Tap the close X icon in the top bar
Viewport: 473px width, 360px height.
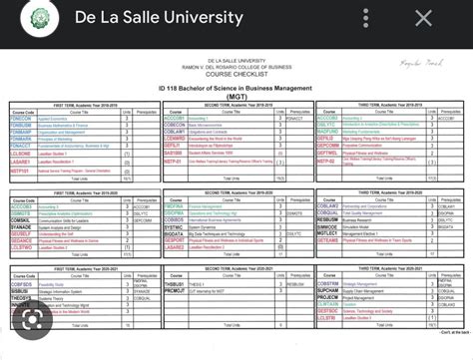[x=424, y=19]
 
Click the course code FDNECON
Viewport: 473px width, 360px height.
[x=21, y=117]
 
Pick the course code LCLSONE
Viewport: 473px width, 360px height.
[x=21, y=153]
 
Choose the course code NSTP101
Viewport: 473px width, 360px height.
[x=21, y=171]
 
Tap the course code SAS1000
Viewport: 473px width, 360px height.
[x=174, y=153]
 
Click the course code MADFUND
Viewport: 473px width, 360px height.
[x=327, y=131]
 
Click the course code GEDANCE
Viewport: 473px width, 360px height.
[x=21, y=240]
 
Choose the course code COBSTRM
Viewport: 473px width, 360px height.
[x=327, y=282]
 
